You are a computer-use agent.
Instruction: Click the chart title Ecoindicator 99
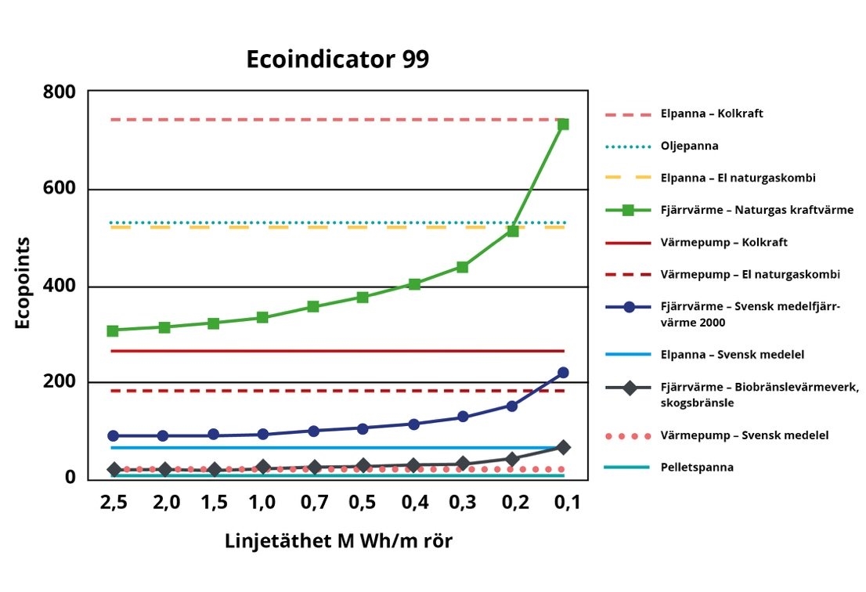point(337,60)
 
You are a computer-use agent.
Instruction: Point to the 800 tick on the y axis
point(60,92)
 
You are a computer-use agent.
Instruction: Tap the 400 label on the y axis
point(60,287)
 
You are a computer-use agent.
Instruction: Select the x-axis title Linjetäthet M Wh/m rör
point(338,541)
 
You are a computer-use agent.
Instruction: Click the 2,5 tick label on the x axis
point(114,502)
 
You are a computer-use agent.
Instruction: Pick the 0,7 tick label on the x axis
point(313,502)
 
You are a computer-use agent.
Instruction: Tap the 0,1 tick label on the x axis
point(563,502)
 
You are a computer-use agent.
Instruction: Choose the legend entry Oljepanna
point(689,146)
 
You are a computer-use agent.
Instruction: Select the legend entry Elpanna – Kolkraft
point(712,114)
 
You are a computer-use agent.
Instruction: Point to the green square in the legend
point(629,211)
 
